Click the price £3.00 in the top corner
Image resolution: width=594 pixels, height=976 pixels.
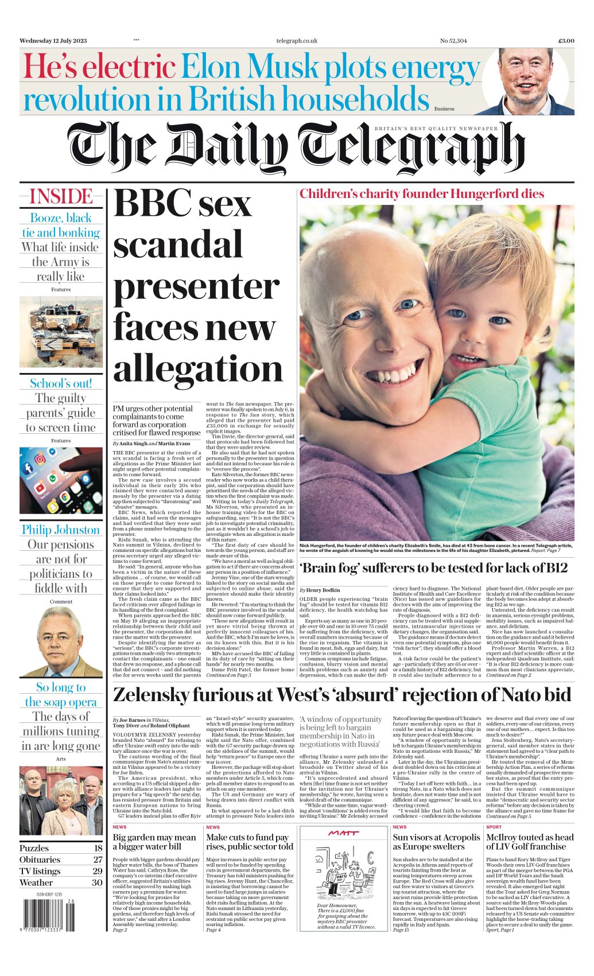point(566,41)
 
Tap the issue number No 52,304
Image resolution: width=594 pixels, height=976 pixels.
point(453,41)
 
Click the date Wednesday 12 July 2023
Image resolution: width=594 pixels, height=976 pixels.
point(54,41)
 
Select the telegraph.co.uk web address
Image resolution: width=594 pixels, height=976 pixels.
point(296,41)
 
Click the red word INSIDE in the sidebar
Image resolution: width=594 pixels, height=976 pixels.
point(61,197)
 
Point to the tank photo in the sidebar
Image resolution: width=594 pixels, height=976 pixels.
point(61,332)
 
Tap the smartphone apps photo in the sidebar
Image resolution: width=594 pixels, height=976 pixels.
point(61,481)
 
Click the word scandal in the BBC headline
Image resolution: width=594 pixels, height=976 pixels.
point(178,245)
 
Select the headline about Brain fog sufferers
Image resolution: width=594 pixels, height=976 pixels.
point(434,568)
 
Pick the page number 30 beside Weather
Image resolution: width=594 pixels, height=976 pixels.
point(97,882)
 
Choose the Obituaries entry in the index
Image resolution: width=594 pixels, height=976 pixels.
point(40,860)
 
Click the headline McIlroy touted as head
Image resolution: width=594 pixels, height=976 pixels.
point(530,842)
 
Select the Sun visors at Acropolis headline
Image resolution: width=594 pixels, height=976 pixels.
point(436,842)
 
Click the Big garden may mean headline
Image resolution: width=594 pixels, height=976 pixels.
point(154,842)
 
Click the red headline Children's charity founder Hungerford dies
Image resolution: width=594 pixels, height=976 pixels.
point(422,194)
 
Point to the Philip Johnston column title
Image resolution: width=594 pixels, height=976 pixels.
point(61,530)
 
